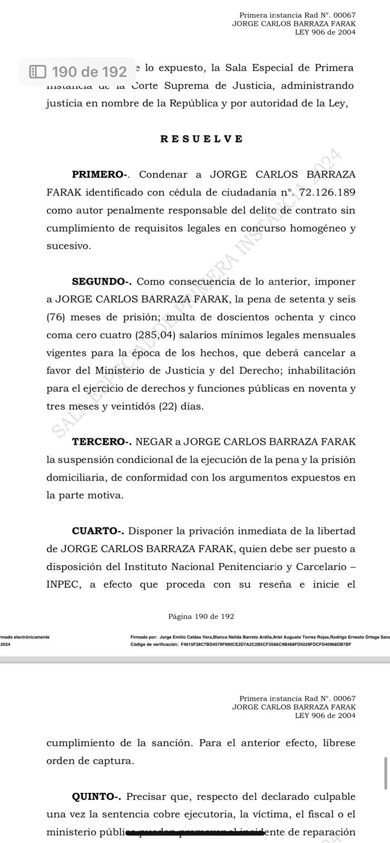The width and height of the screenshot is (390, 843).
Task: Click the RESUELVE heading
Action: click(x=201, y=139)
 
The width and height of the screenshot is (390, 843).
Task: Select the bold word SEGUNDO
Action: click(x=101, y=282)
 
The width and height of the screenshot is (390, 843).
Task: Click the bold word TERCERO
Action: click(x=101, y=442)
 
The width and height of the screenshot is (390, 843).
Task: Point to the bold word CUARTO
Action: click(x=97, y=531)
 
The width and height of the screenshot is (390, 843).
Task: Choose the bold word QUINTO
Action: click(x=96, y=797)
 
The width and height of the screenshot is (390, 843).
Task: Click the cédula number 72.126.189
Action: click(x=327, y=192)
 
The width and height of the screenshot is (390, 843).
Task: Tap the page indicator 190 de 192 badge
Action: click(x=78, y=72)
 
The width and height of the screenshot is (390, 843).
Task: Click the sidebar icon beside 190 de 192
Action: click(x=37, y=72)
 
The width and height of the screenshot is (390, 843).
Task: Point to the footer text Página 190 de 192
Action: click(x=201, y=616)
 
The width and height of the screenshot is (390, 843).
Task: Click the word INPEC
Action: click(x=64, y=584)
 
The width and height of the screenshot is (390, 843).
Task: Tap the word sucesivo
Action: click(x=69, y=246)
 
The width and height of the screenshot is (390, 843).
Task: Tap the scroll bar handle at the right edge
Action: click(x=386, y=773)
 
